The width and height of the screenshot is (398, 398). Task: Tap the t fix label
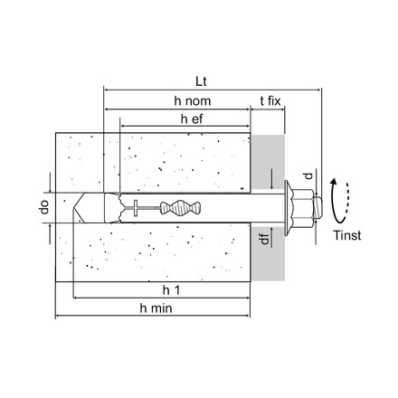pos(269,101)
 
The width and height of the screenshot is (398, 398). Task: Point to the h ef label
pos(190,118)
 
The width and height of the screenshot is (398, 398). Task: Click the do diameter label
pos(43,208)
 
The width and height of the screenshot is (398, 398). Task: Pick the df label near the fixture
pos(264,239)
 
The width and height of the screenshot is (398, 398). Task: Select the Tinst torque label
pos(346,235)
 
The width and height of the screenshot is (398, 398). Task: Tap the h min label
pos(156,308)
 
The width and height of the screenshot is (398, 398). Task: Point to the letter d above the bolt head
pos(307,175)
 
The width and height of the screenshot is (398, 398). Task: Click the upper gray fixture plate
pos(267,163)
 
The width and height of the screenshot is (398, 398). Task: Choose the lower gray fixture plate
pos(267,253)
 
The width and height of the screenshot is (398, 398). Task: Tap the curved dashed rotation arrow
pos(339,200)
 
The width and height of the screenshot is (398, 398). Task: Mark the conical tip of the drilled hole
pos(76,208)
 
